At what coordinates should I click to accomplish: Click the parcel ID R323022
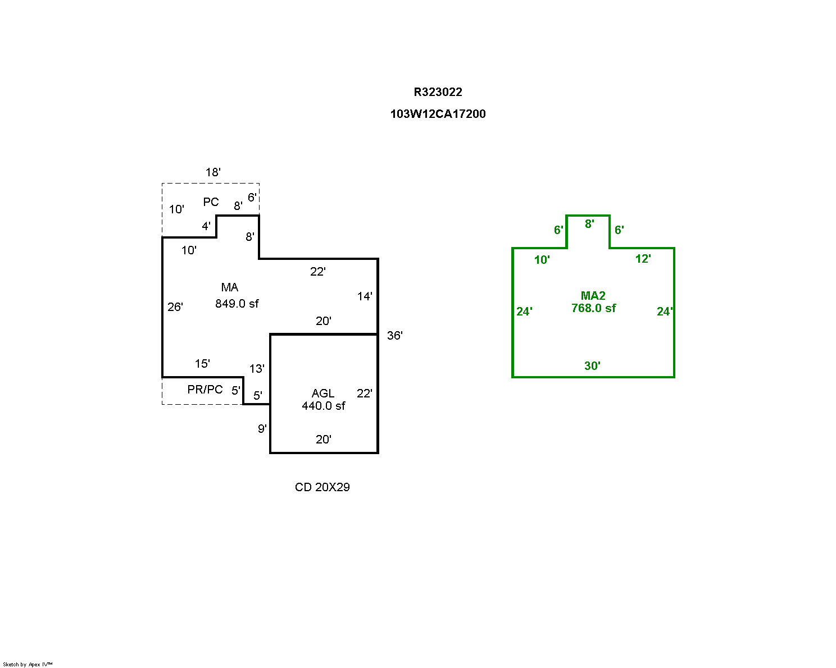click(438, 92)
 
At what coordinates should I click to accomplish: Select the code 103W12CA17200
click(438, 114)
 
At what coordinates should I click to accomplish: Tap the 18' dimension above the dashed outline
click(212, 172)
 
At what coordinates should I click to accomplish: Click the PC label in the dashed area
click(211, 202)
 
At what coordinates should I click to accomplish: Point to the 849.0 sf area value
click(237, 304)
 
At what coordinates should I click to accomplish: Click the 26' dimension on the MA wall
click(175, 306)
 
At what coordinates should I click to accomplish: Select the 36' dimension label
click(394, 336)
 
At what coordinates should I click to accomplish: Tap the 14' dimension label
click(365, 296)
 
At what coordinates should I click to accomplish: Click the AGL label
click(323, 394)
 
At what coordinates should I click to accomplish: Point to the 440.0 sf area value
click(323, 406)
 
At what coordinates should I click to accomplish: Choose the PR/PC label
click(205, 390)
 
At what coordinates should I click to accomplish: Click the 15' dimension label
click(202, 364)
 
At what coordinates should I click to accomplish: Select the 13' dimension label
click(257, 369)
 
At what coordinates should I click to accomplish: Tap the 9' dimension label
click(262, 429)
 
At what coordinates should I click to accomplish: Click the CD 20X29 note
click(322, 487)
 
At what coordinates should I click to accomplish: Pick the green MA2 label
click(593, 296)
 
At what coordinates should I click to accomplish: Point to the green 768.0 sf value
click(593, 308)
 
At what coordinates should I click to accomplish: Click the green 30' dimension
click(592, 366)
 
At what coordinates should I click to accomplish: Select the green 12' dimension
click(643, 259)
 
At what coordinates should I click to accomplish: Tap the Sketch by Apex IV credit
click(28, 664)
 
